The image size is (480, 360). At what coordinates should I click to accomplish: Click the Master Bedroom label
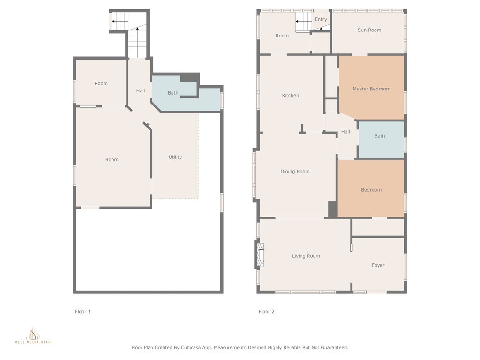pyautogui.click(x=371, y=89)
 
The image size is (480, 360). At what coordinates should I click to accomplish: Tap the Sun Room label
pyautogui.click(x=369, y=30)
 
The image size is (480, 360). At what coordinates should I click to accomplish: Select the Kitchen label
pyautogui.click(x=291, y=96)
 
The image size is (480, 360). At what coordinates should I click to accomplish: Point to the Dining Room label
pyautogui.click(x=295, y=172)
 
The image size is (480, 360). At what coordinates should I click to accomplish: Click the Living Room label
pyautogui.click(x=306, y=256)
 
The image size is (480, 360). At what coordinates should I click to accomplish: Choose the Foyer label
pyautogui.click(x=378, y=265)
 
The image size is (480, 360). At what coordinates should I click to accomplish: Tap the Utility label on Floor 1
pyautogui.click(x=175, y=157)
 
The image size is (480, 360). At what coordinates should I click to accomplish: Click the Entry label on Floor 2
pyautogui.click(x=321, y=19)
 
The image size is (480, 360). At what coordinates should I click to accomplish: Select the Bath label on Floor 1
pyautogui.click(x=173, y=93)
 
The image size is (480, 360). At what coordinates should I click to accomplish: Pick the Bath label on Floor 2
pyautogui.click(x=380, y=136)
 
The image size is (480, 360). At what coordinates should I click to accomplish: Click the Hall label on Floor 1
pyautogui.click(x=141, y=90)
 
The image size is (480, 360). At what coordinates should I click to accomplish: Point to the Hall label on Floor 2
pyautogui.click(x=345, y=132)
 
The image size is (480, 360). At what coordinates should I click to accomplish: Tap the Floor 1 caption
pyautogui.click(x=83, y=312)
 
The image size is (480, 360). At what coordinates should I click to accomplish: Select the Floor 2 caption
pyautogui.click(x=267, y=312)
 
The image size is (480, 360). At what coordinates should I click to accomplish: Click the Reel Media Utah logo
pyautogui.click(x=33, y=336)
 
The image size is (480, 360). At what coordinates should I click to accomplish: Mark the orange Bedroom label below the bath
pyautogui.click(x=371, y=190)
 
